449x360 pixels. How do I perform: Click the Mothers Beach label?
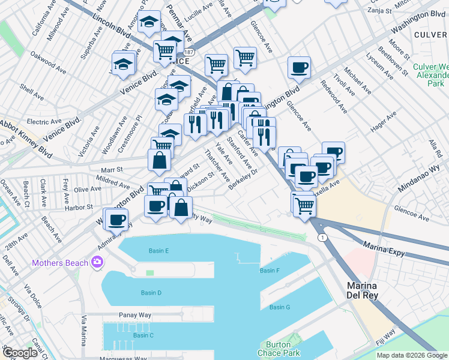60,263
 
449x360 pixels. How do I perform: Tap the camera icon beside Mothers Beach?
97,262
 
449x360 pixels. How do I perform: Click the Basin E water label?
158,250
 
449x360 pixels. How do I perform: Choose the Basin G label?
280,307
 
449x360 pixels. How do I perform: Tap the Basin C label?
143,335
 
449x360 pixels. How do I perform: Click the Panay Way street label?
134,314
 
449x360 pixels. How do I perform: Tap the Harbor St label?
79,207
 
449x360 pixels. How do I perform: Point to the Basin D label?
151,293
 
